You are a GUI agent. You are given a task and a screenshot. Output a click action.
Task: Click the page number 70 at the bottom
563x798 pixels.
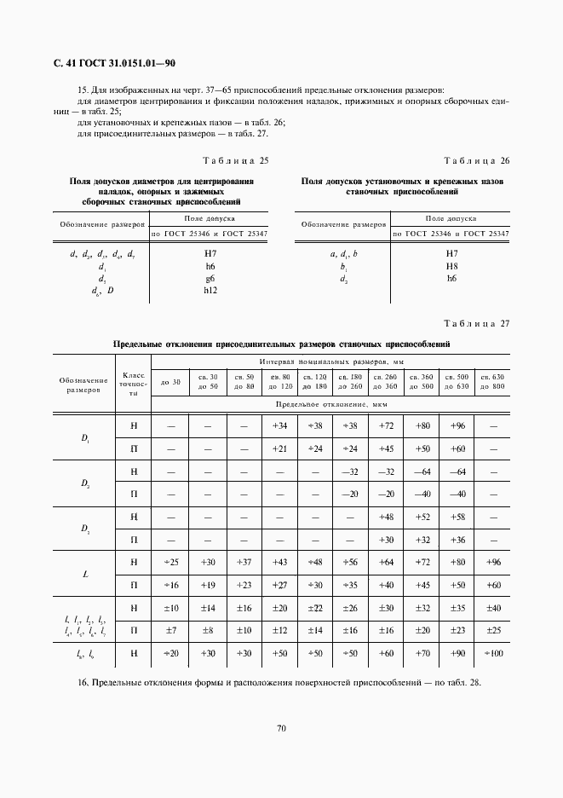(x=280, y=727)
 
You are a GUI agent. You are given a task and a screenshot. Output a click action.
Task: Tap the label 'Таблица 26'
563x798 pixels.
(x=477, y=160)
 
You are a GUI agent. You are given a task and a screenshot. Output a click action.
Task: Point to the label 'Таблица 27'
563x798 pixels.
(x=477, y=323)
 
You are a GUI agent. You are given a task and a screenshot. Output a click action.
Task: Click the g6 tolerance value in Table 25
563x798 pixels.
(x=210, y=279)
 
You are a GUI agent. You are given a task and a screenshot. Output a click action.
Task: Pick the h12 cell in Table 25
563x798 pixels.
(x=210, y=291)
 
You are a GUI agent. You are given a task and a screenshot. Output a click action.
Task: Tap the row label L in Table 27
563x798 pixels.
(x=85, y=575)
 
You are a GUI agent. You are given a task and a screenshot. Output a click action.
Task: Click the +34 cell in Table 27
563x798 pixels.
(x=279, y=425)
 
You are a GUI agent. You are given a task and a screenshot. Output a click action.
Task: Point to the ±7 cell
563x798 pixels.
(x=171, y=631)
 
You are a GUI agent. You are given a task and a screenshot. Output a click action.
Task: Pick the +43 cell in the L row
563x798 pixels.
(x=279, y=563)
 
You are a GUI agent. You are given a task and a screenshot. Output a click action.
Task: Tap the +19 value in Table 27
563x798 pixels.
(x=207, y=586)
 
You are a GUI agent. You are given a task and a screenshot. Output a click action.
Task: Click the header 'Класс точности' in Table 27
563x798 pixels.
(x=134, y=385)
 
